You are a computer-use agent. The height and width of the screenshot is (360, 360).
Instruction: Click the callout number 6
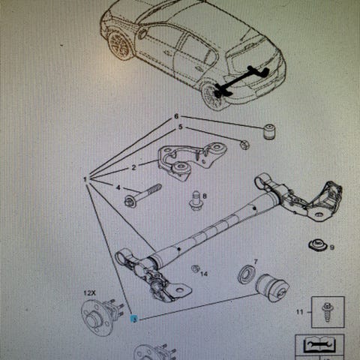pos(176,116)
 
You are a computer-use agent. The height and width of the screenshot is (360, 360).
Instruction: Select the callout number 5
pos(181,127)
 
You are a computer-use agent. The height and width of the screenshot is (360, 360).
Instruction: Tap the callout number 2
pos(133,167)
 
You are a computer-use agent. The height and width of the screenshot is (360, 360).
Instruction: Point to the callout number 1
pos(85,179)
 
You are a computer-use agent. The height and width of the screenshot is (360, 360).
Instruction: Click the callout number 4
pos(118,187)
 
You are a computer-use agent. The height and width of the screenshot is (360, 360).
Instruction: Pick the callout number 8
pos(205,196)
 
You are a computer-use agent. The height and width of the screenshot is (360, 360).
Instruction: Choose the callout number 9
pos(331,247)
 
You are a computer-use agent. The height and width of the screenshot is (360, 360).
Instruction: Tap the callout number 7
pos(256,262)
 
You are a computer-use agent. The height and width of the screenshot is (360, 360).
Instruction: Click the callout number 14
pos(204,274)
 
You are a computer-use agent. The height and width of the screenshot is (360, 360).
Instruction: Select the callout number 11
pos(299,312)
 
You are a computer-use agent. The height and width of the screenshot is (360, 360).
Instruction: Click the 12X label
pos(89,293)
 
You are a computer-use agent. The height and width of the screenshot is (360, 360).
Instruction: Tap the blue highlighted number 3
pos(134,319)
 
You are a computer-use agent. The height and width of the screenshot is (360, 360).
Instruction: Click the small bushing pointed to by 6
pos(268,131)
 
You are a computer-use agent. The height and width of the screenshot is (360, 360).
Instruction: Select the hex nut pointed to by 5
pos(244,145)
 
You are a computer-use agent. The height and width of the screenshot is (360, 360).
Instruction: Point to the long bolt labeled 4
pos(142,196)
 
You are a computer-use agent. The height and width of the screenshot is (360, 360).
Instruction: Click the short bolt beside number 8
pos(196,201)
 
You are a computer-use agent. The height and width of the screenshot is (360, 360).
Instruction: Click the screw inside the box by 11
pos(327,312)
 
